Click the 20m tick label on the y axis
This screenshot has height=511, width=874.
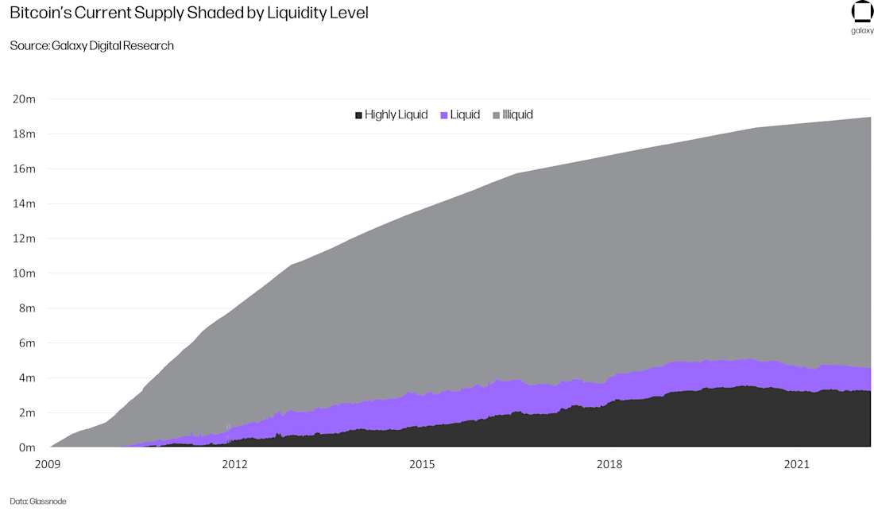point(24,99)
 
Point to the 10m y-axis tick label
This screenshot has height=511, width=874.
point(24,273)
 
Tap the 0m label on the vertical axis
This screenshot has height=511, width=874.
point(27,447)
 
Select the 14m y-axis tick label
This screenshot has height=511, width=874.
point(24,203)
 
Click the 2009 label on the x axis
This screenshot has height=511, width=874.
point(48,463)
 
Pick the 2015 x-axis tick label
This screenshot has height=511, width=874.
point(422,463)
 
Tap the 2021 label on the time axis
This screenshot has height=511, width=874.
point(796,463)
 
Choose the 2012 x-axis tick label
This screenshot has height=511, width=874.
point(234,463)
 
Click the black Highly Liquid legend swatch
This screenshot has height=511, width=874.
point(359,115)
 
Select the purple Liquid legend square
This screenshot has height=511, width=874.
point(444,115)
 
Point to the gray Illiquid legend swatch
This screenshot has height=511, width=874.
point(497,115)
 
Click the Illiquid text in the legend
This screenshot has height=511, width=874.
point(517,114)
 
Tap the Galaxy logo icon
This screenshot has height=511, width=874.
point(862,12)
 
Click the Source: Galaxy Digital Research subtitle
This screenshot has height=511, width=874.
point(91,45)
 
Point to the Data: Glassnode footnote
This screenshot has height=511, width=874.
point(37,501)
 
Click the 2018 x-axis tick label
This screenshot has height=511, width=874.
point(609,463)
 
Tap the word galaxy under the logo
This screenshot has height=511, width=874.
point(862,31)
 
